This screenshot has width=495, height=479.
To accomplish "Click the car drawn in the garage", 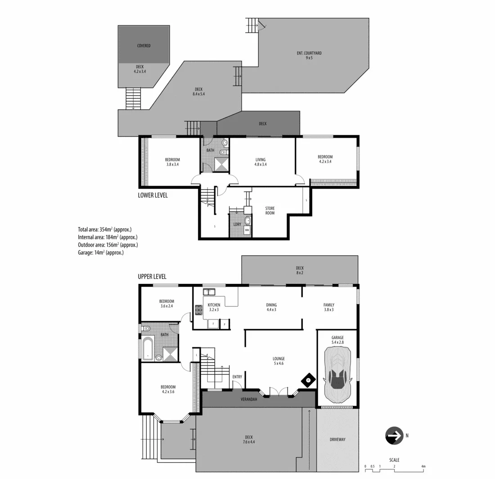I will [338, 376].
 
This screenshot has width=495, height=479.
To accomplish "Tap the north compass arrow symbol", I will [394, 435].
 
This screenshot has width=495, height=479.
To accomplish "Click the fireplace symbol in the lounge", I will [308, 381].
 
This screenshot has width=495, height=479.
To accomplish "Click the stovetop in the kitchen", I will [198, 309].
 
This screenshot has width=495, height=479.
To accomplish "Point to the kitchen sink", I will [209, 292].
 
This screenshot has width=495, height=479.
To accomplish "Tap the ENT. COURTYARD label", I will [309, 55].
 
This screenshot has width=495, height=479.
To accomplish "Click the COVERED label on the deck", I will [144, 46].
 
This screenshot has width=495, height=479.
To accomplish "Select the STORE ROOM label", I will [270, 210].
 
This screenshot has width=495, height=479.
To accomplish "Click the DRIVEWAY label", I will [337, 439].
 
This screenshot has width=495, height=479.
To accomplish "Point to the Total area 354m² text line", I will [104, 229].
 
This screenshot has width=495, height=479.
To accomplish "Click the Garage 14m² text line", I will [100, 253].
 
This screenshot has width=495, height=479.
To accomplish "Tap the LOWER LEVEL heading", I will [153, 195].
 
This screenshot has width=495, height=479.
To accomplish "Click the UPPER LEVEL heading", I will [152, 277].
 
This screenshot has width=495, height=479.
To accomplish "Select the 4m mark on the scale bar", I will [423, 466].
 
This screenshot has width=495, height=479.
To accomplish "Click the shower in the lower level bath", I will [221, 164].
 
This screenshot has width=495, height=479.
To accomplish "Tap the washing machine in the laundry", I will [247, 231].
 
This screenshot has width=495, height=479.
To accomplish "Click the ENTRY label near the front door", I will [237, 377].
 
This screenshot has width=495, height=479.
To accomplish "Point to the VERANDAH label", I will [249, 399].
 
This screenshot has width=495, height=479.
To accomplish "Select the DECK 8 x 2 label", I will [300, 270].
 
